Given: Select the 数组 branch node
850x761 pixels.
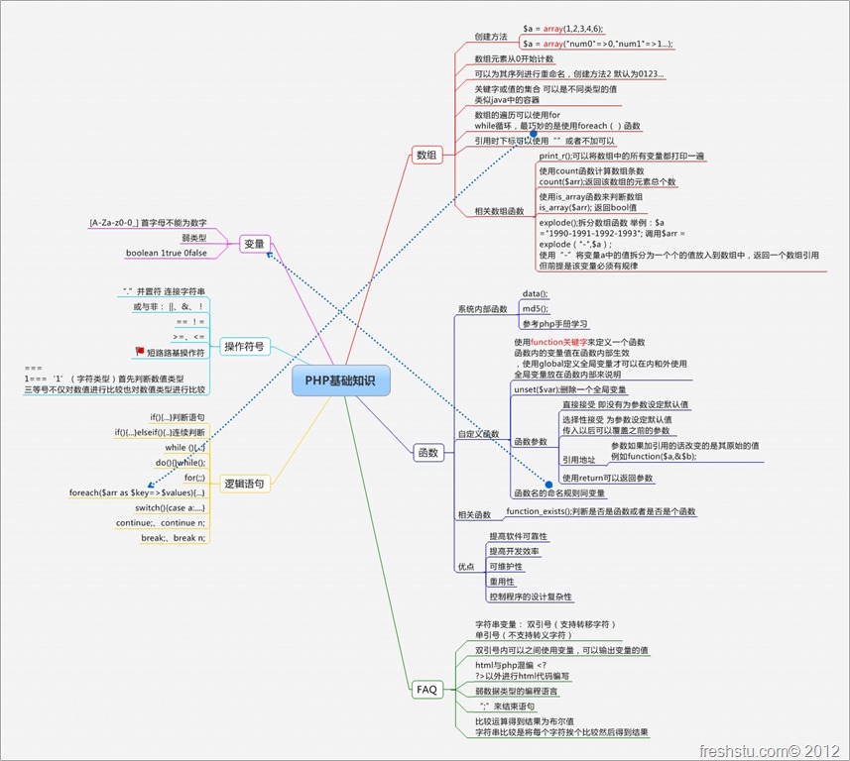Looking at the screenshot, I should pos(427,155).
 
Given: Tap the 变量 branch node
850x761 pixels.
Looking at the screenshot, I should pos(255,243).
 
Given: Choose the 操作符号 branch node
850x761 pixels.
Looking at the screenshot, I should pos(243,347).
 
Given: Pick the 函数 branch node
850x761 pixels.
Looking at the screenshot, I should pos(427,453).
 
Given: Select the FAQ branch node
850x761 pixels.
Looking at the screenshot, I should pos(426,689).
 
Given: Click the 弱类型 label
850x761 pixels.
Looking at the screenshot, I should pos(194,238).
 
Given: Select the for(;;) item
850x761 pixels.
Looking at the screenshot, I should pos(194,478).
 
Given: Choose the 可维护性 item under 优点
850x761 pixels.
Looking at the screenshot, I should pos(506,566).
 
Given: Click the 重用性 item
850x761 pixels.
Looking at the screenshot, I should pos(502,582).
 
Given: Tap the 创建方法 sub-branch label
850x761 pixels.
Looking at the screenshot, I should pos(491,37).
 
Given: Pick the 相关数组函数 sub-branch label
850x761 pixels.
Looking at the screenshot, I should pos(498,211).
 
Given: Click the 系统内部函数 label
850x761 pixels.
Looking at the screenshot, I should pos(482,309).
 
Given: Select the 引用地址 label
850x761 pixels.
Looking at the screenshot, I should pos(578,460).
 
